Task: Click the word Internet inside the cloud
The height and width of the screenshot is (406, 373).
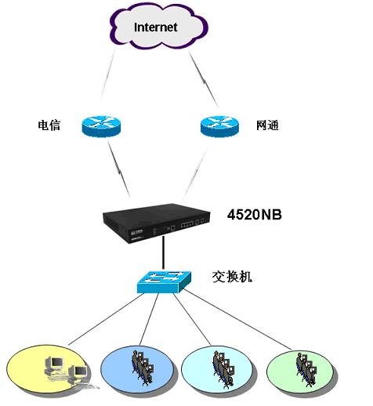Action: [156, 27]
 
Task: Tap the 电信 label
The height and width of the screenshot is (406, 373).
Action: [49, 125]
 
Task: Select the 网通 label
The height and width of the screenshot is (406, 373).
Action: [267, 125]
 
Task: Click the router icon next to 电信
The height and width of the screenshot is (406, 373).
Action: [101, 126]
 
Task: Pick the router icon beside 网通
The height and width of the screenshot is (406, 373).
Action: [219, 126]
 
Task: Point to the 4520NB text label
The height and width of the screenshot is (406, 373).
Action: [255, 215]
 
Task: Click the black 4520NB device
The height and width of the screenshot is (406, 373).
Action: [157, 223]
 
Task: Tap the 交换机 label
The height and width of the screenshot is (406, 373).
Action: [232, 277]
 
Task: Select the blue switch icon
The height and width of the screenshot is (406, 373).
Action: [164, 281]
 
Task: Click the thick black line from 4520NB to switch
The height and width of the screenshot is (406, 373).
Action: [163, 252]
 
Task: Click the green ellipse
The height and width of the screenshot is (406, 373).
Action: [301, 372]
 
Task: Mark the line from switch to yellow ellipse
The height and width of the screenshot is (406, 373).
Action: [106, 319]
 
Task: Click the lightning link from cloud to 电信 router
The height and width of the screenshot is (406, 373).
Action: [107, 75]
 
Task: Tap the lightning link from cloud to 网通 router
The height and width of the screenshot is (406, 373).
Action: [204, 79]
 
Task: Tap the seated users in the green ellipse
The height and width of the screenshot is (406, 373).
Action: [306, 369]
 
